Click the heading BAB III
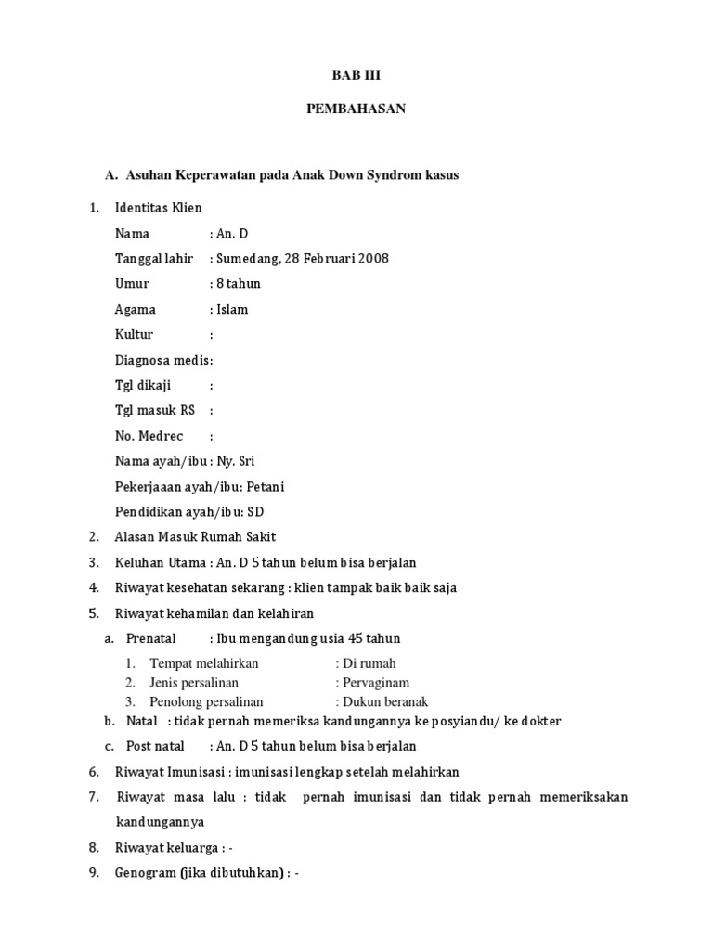(356, 76)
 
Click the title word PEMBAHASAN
(356, 109)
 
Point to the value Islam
(232, 309)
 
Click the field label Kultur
(135, 334)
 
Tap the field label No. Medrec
(149, 435)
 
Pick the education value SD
(255, 511)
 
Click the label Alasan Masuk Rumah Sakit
(195, 536)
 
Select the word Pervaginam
(376, 683)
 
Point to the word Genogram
(145, 873)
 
